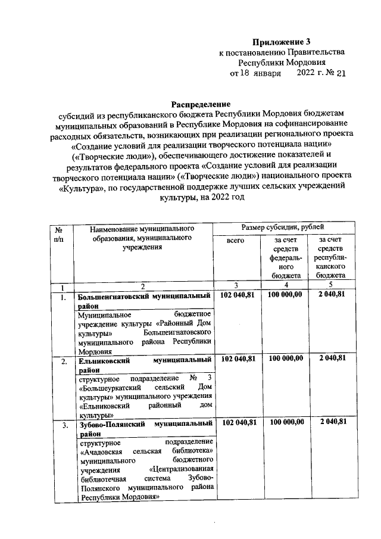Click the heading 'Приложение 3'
point(281,42)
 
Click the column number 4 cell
point(283,285)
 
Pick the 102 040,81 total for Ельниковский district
point(238,359)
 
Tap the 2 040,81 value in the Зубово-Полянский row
point(332,423)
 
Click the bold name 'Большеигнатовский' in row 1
point(113,295)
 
